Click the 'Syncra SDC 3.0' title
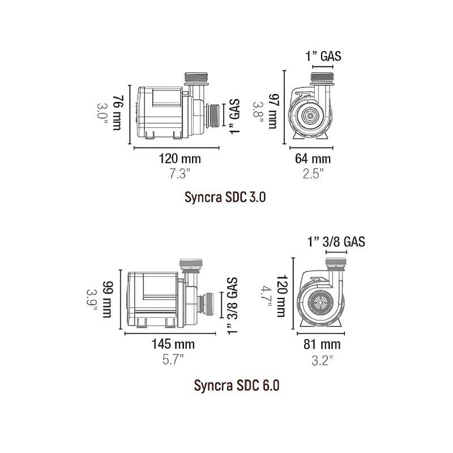[x=225, y=197]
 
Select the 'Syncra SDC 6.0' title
[x=236, y=385]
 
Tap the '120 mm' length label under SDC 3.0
[x=180, y=159]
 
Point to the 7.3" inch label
[x=180, y=174]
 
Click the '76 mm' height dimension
[x=117, y=113]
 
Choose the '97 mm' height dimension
[x=273, y=111]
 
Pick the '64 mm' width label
[x=313, y=159]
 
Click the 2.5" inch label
[x=313, y=174]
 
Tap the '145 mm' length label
[x=173, y=344]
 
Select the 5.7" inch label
[x=173, y=360]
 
